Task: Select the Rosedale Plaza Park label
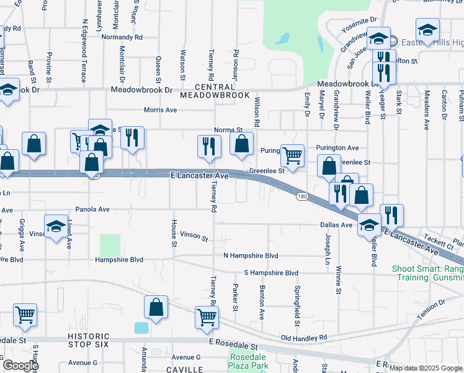coord(249,362)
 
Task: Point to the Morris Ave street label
coord(160,110)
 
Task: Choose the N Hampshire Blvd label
coord(251,256)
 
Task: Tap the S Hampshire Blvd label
coord(271,273)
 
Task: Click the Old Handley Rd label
coord(303,338)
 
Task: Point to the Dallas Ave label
coord(336,224)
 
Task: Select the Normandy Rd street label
coord(122,37)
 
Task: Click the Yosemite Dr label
coord(357,21)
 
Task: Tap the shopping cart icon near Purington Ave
coord(292,155)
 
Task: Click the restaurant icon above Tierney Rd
coord(209,146)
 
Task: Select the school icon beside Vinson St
coord(56,226)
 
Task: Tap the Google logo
coord(20,366)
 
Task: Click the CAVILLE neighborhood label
coord(185,370)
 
